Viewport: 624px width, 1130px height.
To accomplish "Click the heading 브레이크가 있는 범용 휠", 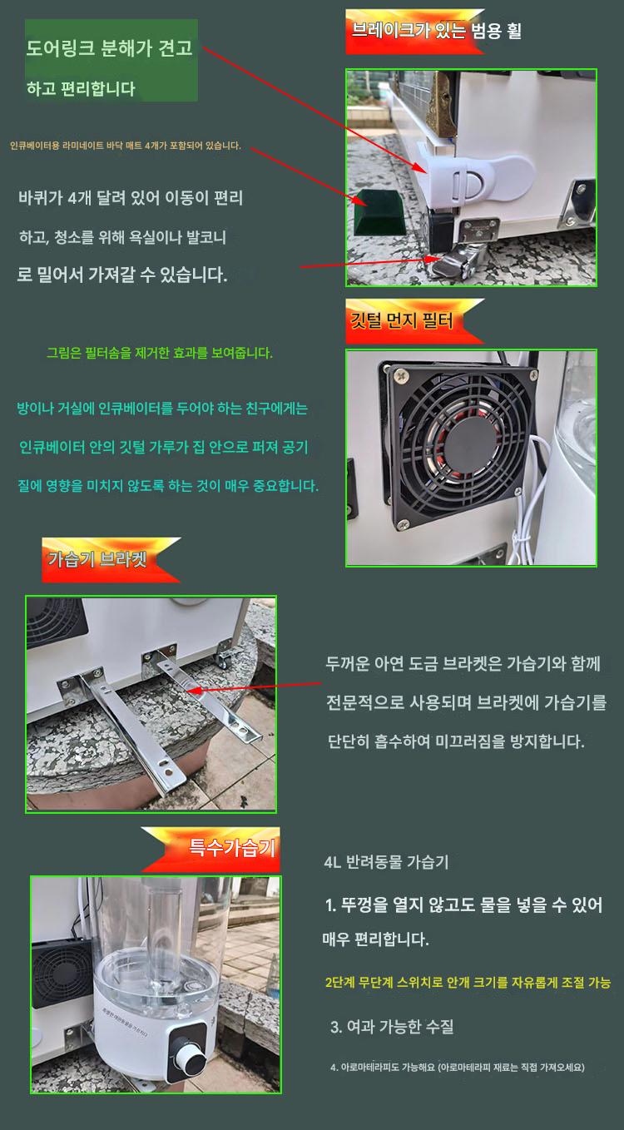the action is [x=436, y=31].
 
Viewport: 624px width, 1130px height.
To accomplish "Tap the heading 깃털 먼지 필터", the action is [x=402, y=320].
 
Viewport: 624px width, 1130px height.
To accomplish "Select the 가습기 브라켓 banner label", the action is [x=97, y=559].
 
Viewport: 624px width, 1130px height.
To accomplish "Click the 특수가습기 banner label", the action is [x=231, y=847].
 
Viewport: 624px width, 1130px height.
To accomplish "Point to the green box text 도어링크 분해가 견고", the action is [x=110, y=48].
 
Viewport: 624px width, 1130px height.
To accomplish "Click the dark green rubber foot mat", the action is [x=379, y=212].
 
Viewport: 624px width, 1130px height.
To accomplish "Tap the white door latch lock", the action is [x=473, y=176].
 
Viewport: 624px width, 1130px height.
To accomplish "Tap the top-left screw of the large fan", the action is [x=400, y=374].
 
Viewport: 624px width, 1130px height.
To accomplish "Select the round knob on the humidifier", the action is [x=189, y=1058].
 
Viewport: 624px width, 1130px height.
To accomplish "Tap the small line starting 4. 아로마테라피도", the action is [x=458, y=1067].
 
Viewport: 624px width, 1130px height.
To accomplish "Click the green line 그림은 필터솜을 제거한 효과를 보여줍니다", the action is [x=160, y=353].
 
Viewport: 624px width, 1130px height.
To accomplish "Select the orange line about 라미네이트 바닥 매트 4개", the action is [x=126, y=146].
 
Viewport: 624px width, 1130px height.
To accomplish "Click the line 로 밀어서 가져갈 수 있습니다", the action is [x=122, y=275].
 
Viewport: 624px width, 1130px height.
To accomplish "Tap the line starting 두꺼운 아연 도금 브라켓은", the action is [x=463, y=663].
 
